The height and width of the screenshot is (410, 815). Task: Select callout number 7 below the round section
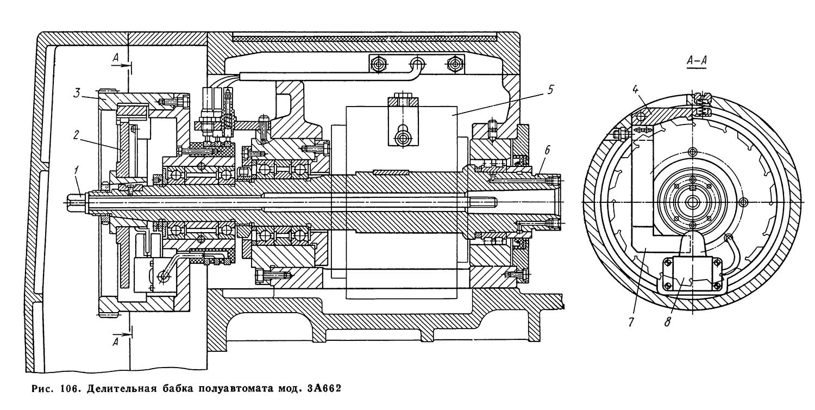(x=630, y=322)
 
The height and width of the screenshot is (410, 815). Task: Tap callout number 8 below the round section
(x=668, y=322)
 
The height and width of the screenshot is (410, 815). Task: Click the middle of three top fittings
(x=417, y=63)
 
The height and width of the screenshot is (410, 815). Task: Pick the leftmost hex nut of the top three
(x=377, y=63)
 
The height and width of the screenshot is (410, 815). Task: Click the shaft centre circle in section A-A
(x=692, y=202)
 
